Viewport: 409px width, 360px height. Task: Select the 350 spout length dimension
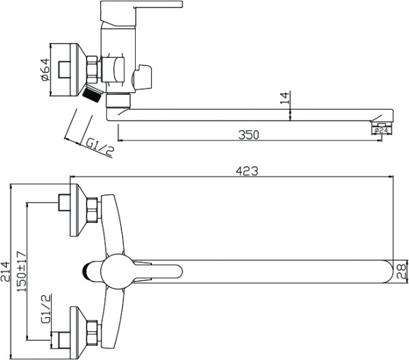[249, 135]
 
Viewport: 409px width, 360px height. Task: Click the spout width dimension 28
[402, 272]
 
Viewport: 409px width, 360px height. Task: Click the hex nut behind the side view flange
[94, 69]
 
